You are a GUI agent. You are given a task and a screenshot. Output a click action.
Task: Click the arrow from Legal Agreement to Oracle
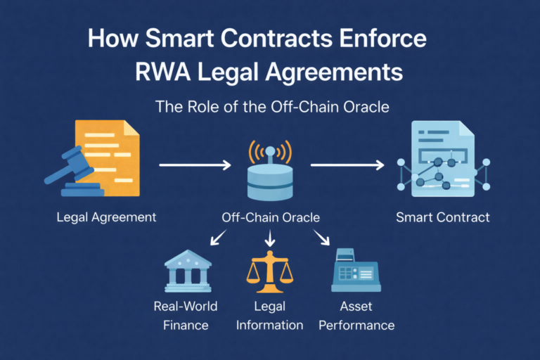(195, 165)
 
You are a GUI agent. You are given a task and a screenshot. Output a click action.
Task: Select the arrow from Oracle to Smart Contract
(347, 165)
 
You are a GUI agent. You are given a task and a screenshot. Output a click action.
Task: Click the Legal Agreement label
(106, 217)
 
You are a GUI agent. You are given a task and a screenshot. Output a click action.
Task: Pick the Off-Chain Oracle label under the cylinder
(269, 217)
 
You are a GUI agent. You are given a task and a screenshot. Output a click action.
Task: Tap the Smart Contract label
(442, 217)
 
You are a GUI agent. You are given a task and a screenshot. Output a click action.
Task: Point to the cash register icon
(355, 271)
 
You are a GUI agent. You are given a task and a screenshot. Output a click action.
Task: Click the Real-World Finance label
(185, 316)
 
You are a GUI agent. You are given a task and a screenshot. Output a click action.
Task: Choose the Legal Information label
(269, 316)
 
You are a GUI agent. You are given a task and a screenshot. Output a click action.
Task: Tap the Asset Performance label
(356, 316)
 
